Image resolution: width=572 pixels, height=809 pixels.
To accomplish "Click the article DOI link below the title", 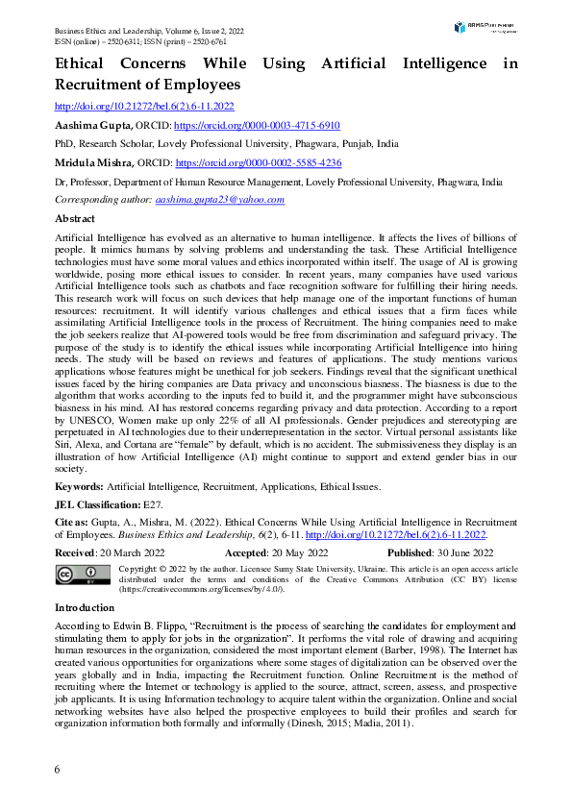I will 144,107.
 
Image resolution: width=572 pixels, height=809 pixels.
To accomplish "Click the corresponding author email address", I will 220,200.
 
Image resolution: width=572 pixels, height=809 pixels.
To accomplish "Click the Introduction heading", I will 85,607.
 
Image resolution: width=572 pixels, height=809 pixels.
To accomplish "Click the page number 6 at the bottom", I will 58,770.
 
